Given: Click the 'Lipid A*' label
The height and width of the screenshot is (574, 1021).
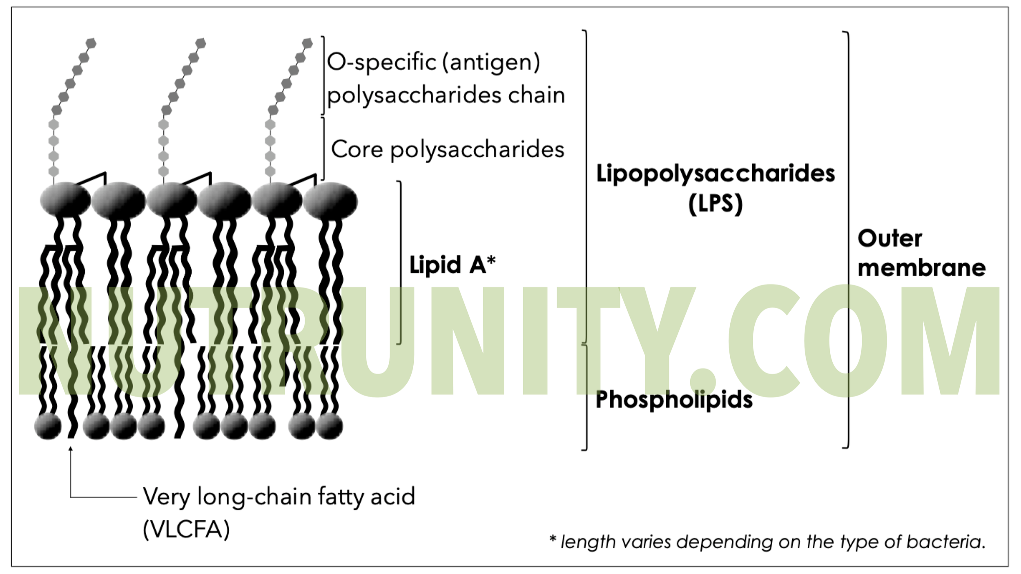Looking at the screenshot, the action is point(452,265).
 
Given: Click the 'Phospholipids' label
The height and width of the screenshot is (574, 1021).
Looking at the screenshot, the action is point(674,400).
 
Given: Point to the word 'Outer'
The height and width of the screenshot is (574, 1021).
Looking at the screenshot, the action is point(889,238).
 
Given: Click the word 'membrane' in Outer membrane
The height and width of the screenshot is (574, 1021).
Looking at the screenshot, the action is point(921,268).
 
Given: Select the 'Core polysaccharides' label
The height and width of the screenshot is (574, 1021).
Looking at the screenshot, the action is point(447,149).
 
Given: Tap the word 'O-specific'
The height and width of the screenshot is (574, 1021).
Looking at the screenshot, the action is point(382,62).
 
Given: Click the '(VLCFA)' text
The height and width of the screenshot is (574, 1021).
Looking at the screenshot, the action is point(186,530).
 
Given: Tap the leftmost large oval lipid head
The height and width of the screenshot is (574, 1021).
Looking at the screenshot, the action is point(65,200).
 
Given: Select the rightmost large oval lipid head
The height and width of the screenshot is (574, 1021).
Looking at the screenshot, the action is point(330,201).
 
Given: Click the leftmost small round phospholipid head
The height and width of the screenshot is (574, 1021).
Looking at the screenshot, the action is point(48,426).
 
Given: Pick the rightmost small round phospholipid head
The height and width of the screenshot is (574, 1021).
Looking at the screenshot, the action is point(329,426).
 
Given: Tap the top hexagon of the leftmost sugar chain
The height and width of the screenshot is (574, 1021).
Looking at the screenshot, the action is point(91,43).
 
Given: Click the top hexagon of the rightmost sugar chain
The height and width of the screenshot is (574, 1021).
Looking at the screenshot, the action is point(308,43).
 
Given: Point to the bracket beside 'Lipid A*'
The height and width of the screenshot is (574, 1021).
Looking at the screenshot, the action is point(400,263).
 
